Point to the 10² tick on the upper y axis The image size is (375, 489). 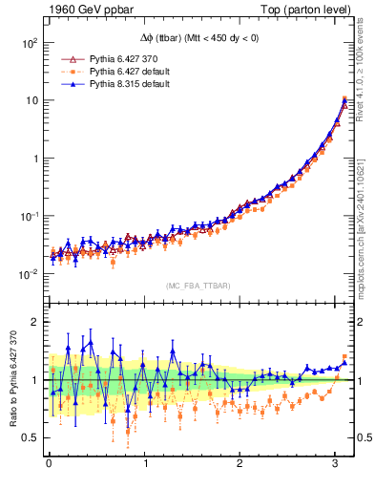pyautogui.click(x=29, y=43)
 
